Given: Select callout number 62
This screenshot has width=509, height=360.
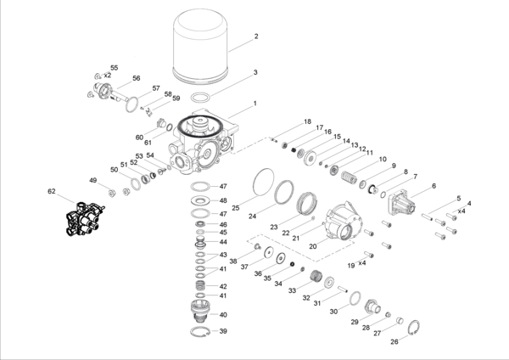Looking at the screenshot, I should [x=52, y=192].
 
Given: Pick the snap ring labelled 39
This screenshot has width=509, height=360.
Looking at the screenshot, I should [x=201, y=331].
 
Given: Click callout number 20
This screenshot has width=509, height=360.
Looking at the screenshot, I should [x=313, y=246].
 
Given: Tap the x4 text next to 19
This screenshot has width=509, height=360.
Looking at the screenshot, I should [x=361, y=263].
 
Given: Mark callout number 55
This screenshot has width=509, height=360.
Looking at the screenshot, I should [x=115, y=67].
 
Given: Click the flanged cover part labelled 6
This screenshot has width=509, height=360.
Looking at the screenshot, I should [x=400, y=201].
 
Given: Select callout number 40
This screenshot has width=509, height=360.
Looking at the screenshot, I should [x=224, y=315].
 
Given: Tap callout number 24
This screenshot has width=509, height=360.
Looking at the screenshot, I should [x=252, y=217].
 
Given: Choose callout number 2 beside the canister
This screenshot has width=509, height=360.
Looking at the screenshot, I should [x=255, y=37].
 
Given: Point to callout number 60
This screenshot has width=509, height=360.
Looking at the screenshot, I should [x=139, y=137].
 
